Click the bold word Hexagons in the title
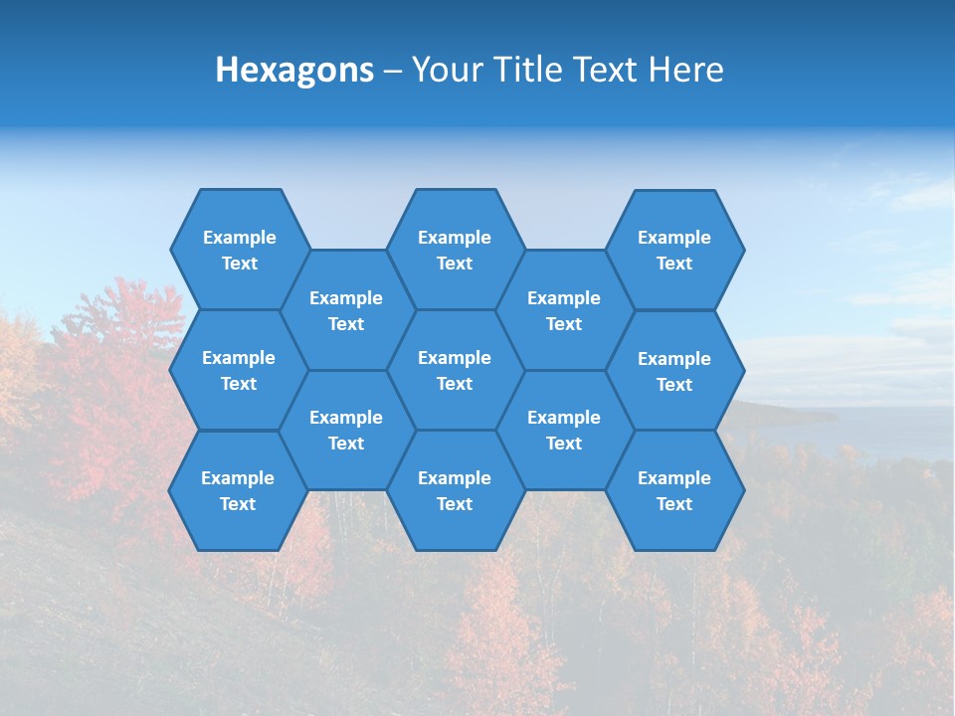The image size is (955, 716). point(294,70)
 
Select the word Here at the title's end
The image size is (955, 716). point(686,70)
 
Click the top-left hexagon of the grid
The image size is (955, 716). point(239,250)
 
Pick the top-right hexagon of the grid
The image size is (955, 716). point(674,250)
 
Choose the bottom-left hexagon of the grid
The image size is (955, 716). point(238,490)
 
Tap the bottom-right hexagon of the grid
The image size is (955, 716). point(674,490)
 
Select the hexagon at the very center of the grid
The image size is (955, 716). point(455,370)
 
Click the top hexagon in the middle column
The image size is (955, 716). point(455,250)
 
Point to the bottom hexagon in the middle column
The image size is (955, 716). point(455,490)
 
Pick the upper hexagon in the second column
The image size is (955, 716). point(346,310)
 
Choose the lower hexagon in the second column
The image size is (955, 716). point(346,430)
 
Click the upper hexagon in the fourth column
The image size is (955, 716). point(564,310)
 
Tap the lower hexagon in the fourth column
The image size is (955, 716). point(564,430)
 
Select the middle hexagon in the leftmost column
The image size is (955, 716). point(239,370)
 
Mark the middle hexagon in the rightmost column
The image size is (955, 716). point(674,371)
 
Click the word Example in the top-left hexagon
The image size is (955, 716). point(239,238)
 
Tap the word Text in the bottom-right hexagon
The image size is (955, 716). point(674,504)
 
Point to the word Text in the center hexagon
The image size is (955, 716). point(455,384)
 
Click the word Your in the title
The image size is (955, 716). point(445,70)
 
